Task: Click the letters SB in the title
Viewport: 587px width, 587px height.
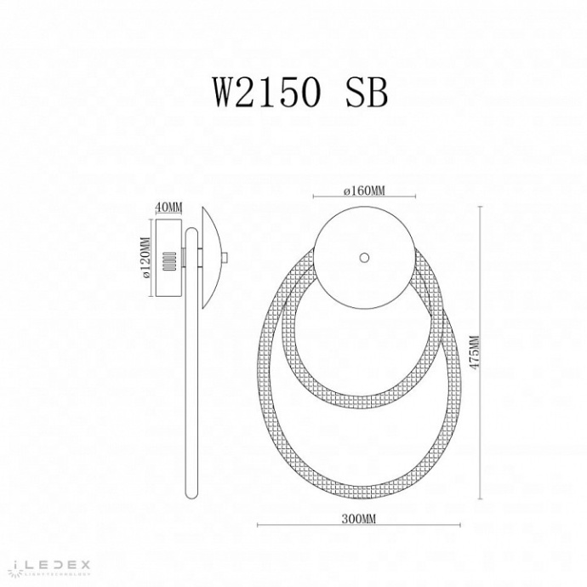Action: [366, 91]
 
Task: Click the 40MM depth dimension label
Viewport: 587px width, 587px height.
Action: [170, 208]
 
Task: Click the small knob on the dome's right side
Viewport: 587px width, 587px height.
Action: [224, 259]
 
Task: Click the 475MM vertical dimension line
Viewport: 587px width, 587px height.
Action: [482, 357]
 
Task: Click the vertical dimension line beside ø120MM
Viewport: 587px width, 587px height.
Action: [154, 259]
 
